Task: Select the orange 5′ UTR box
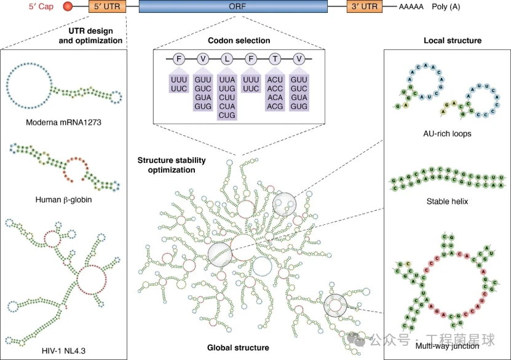[106, 7]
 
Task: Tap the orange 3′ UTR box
[364, 7]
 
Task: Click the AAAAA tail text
[411, 7]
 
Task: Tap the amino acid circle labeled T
[275, 59]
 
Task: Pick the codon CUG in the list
[228, 115]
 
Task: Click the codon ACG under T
[275, 106]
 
